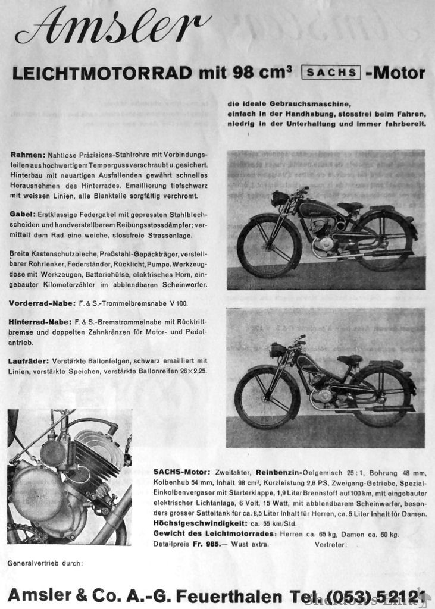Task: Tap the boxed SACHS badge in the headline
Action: tap(331, 73)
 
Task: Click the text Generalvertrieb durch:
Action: tap(45, 563)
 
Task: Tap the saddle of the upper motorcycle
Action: tap(350, 206)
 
